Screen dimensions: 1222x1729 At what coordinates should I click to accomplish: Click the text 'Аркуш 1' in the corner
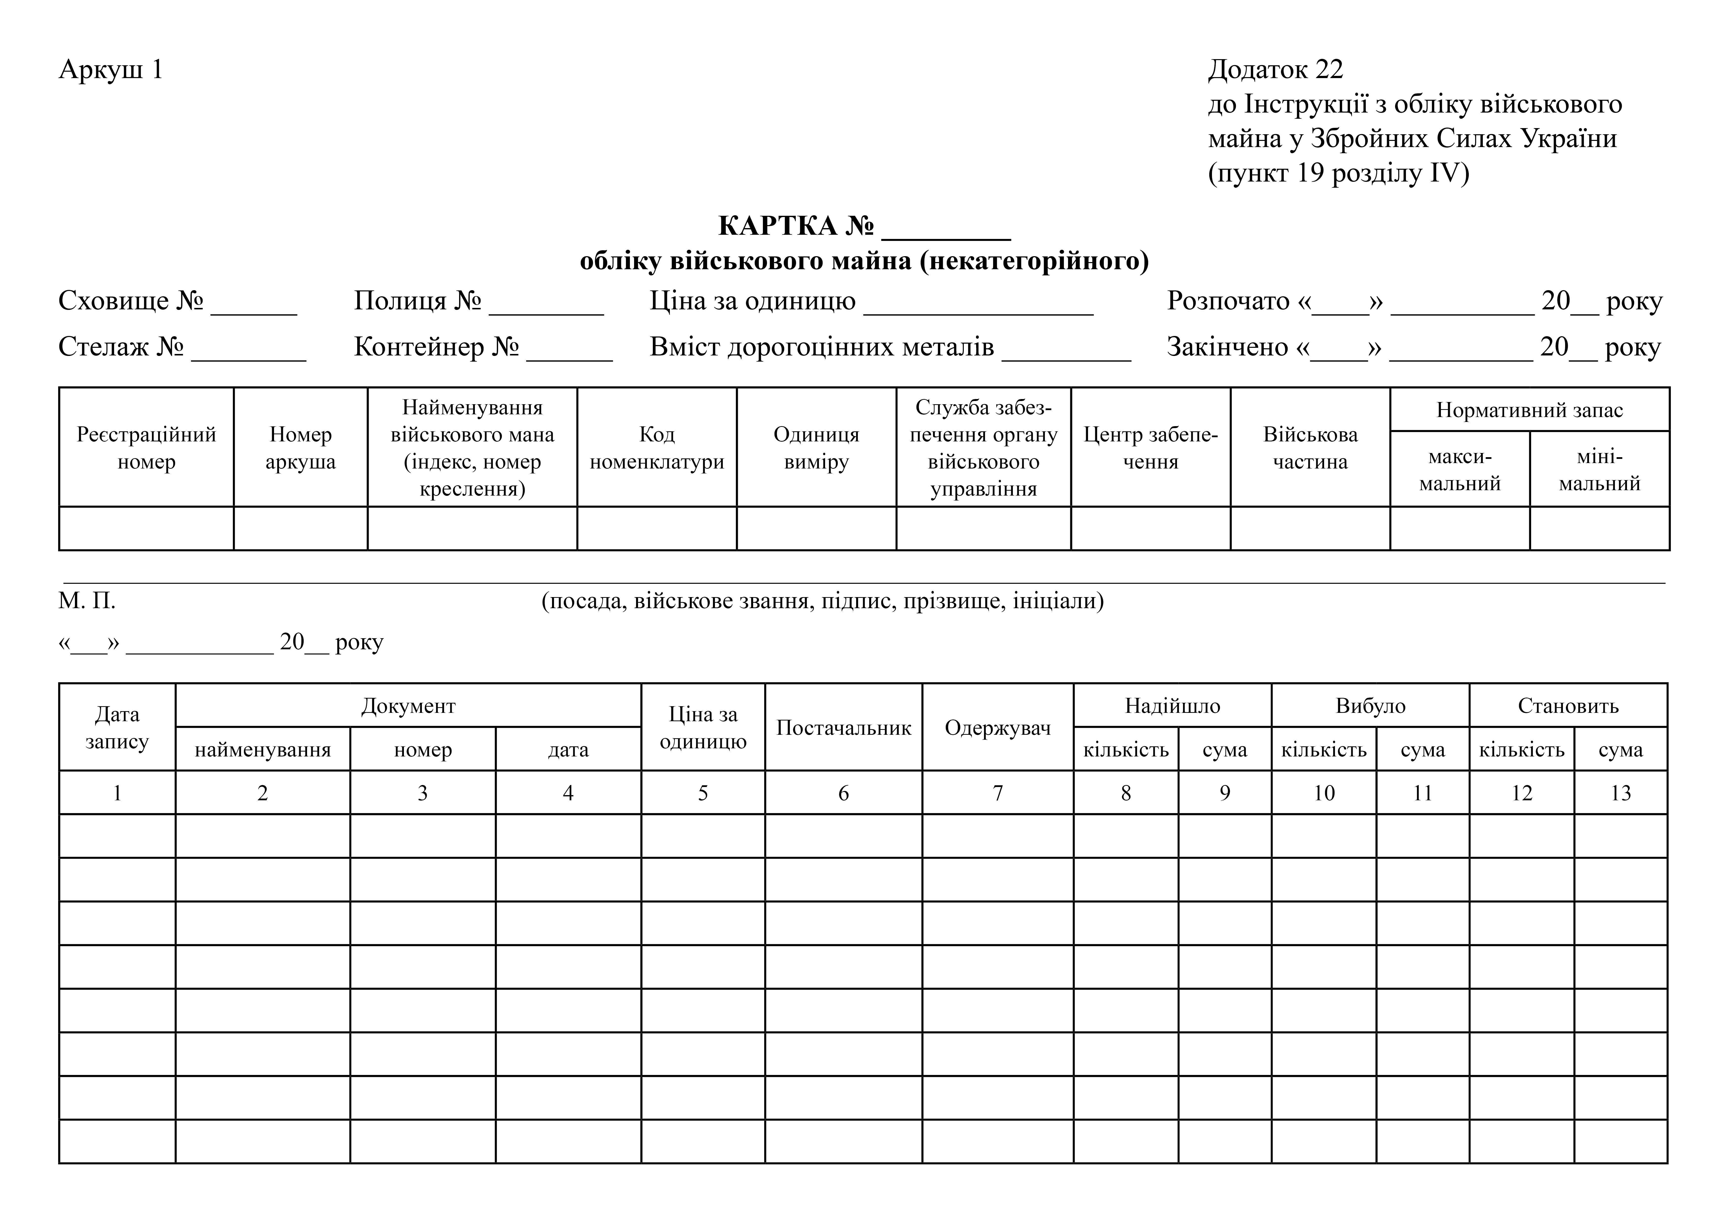coord(111,69)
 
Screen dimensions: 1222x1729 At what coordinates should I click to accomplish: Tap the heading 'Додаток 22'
coord(1275,69)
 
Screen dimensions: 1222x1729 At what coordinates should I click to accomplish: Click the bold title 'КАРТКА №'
coord(796,225)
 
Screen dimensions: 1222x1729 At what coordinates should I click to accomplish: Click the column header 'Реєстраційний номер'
coord(146,448)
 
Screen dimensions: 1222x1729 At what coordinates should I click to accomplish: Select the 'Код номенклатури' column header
coord(657,448)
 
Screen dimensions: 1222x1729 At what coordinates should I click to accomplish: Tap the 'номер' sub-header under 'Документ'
coord(422,750)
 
